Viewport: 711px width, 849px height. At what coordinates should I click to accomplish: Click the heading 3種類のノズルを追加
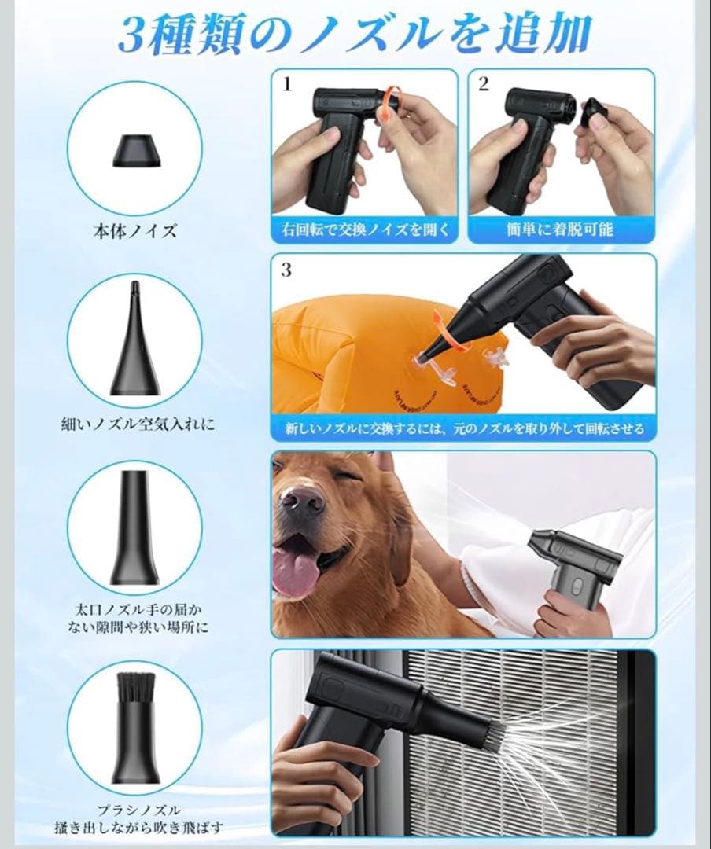355,34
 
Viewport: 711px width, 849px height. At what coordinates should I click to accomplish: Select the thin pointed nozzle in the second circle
134,338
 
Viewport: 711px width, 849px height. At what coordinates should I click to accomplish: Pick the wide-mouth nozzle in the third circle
134,528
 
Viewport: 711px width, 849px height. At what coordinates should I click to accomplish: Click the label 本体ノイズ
135,231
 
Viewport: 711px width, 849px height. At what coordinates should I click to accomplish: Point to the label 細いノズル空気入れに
138,424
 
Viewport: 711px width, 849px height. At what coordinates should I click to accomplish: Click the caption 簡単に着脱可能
560,230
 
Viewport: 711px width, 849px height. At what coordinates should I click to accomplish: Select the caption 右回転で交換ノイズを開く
365,230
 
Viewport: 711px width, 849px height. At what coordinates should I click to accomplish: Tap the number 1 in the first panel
288,84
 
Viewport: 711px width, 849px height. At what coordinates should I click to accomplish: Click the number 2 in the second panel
484,83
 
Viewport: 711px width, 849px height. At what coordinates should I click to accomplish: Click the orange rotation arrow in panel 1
389,104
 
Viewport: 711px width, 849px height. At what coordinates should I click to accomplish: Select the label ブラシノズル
138,810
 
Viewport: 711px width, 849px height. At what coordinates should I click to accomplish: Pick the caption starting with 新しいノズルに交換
464,429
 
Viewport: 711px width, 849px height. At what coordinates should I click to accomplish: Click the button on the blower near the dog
577,586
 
